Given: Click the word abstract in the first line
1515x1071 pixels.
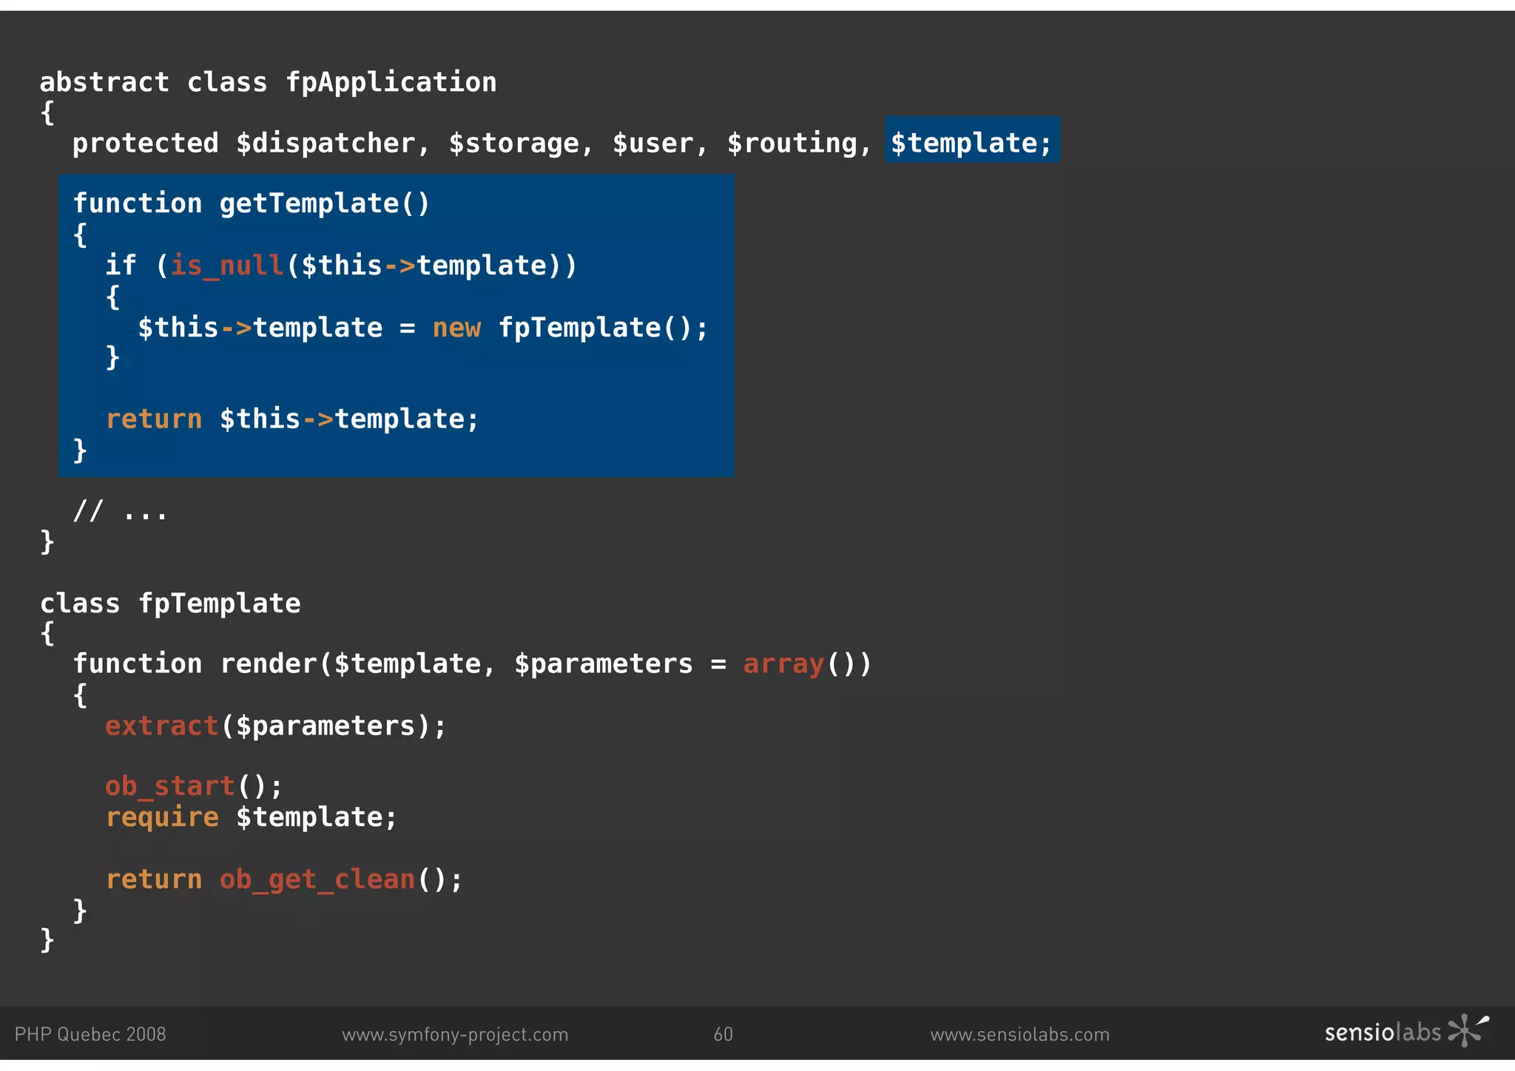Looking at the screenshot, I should pos(104,82).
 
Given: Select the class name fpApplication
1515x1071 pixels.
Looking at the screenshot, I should pos(391,82).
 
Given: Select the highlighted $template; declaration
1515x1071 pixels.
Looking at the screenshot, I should pos(971,143).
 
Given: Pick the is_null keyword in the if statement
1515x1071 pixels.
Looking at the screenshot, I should pos(227,265).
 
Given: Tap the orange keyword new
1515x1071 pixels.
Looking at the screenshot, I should pos(456,327).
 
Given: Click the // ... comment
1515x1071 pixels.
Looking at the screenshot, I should pos(121,511).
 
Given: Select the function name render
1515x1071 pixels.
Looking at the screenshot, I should pos(269,663).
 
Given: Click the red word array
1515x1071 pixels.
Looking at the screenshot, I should pos(783,663).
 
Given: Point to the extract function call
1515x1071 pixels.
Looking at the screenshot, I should pos(161,726).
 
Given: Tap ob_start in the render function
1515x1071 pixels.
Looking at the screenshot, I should pos(169,785).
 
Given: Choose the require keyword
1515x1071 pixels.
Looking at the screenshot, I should pos(162,817).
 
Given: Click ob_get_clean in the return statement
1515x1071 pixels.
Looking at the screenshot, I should pos(317,879).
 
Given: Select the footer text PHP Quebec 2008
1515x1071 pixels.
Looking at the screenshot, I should pos(90,1034).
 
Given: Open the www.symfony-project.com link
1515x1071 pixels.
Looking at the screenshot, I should pos(455,1034).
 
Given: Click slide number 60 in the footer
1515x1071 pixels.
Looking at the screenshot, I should pos(723,1034).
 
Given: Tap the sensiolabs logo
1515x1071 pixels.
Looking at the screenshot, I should pos(1406,1032).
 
